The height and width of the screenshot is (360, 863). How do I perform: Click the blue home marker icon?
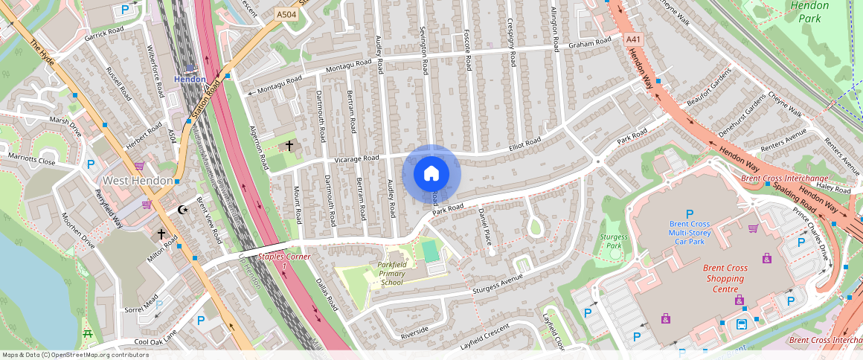[431, 174]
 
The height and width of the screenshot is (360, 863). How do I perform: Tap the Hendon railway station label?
[190, 79]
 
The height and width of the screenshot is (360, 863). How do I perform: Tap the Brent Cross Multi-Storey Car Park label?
[690, 232]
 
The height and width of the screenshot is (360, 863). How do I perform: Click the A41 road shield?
[633, 39]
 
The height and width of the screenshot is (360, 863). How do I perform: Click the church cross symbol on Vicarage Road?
[289, 146]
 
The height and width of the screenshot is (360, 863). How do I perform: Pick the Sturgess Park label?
[614, 241]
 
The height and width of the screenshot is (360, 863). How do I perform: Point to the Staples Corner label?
[283, 260]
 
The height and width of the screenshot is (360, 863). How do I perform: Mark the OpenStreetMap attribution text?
[74, 355]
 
